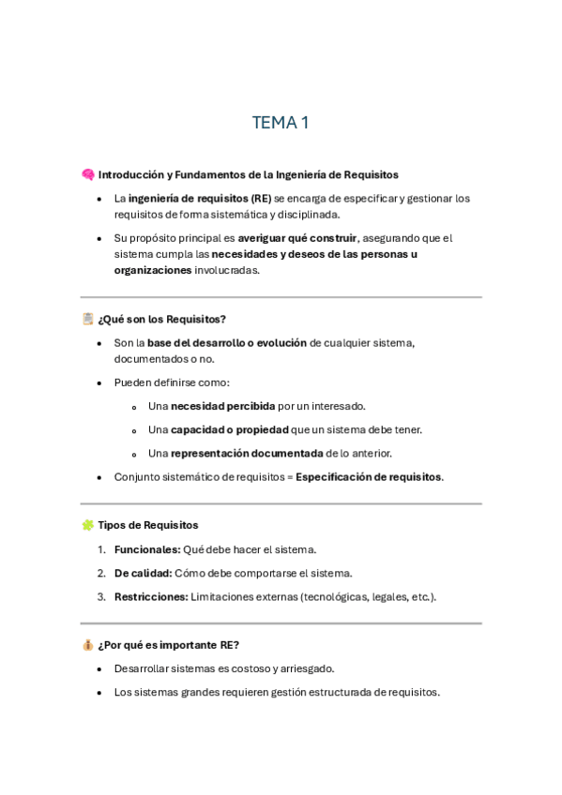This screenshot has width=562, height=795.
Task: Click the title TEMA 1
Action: coord(281,123)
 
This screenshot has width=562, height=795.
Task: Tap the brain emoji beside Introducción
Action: coord(87,174)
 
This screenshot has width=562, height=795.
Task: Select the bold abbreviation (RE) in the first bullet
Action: coord(262,199)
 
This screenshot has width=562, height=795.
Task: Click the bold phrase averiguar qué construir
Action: coord(297,238)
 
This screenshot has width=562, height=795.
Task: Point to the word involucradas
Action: coord(226,270)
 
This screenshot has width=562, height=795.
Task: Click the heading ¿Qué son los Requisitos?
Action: coord(161,319)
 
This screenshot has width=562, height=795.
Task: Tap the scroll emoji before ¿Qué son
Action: coord(87,319)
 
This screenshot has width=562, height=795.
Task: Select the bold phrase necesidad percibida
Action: coord(222,406)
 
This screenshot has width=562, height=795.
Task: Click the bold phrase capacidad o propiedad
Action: coord(229,429)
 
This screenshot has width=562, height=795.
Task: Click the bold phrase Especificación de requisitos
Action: coord(368,477)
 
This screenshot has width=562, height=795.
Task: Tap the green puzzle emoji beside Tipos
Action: coord(87,525)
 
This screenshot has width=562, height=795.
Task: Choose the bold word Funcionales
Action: coord(146,549)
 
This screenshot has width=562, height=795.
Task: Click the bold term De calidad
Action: coord(143,573)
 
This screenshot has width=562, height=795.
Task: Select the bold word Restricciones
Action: coord(150,596)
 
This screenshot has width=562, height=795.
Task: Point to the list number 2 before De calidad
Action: coord(100,573)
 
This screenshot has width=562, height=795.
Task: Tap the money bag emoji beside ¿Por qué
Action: coord(87,645)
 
